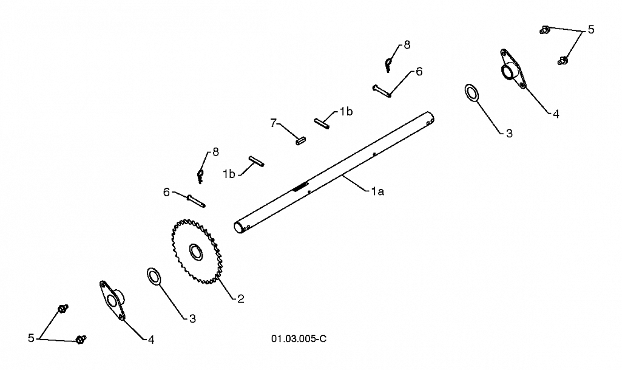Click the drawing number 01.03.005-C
pyautogui.click(x=299, y=338)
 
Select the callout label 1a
pyautogui.click(x=377, y=192)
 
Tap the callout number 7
pyautogui.click(x=273, y=123)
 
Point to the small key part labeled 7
pyautogui.click(x=301, y=140)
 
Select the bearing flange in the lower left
pyautogui.click(x=112, y=300)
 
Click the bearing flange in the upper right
pyautogui.click(x=513, y=69)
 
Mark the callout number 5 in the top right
pyautogui.click(x=591, y=29)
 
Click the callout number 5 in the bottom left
pyautogui.click(x=31, y=338)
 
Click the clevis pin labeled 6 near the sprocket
pyautogui.click(x=196, y=200)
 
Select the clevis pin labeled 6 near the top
pyautogui.click(x=382, y=91)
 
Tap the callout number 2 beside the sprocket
pyautogui.click(x=241, y=299)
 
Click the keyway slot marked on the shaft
pyautogui.click(x=300, y=187)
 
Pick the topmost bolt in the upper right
pyautogui.click(x=545, y=30)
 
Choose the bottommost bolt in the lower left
pyautogui.click(x=81, y=340)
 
